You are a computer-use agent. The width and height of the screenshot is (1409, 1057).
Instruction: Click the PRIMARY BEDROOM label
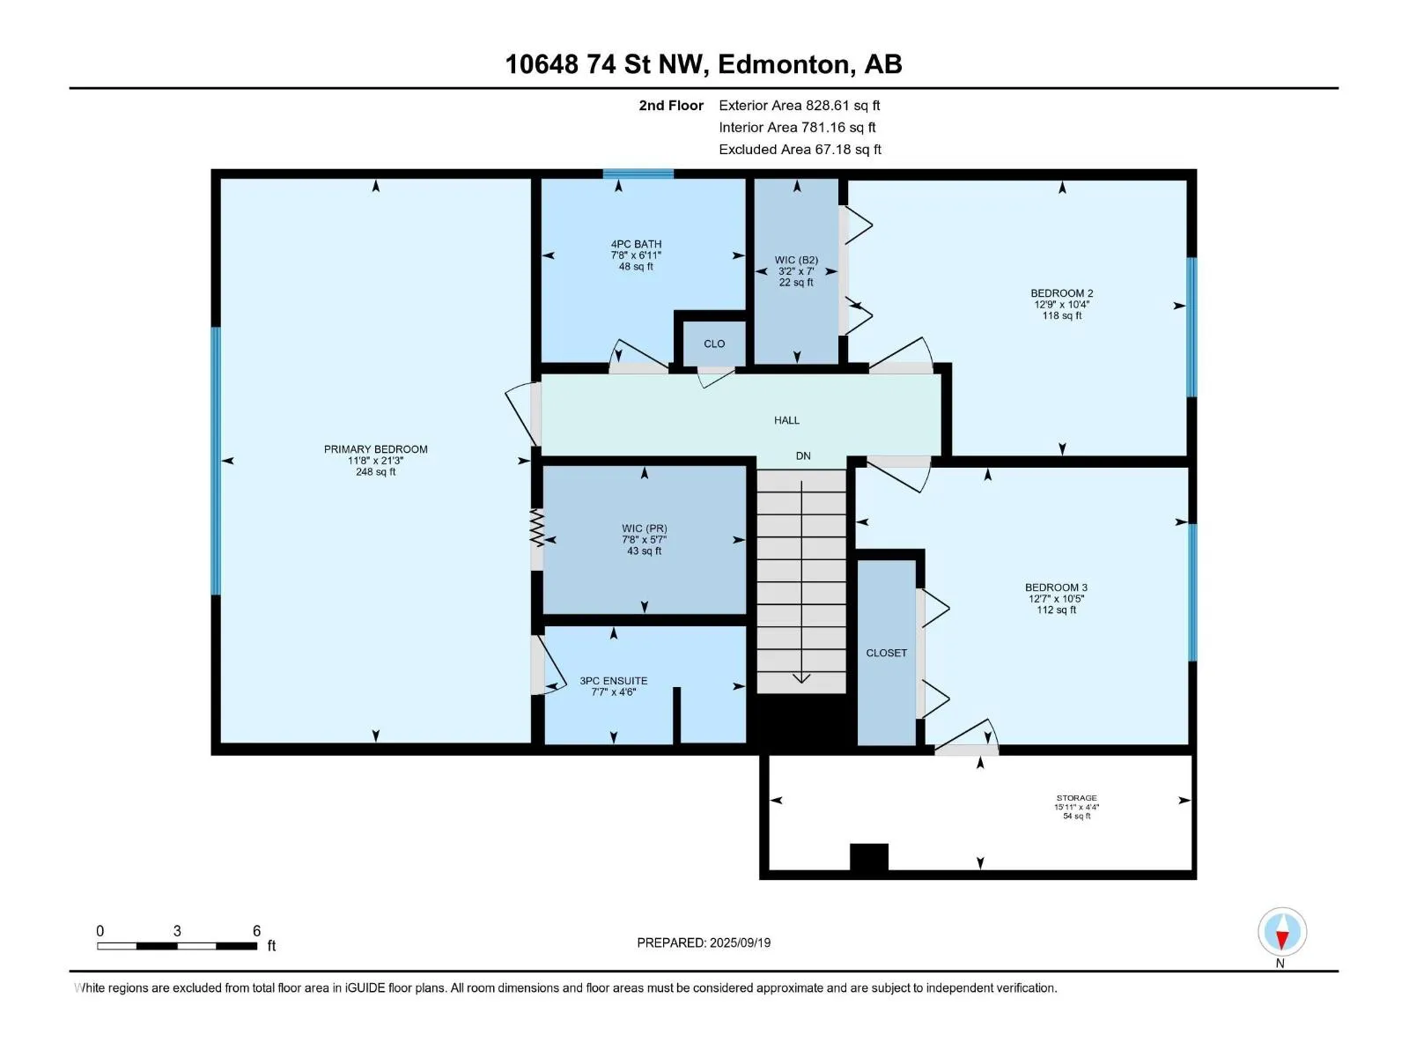(x=375, y=449)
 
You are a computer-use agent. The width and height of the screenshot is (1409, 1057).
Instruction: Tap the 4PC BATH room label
(x=636, y=244)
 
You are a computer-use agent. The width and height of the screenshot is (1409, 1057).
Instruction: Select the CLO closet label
(x=714, y=344)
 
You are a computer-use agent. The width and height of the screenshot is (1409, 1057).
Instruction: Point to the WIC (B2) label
(x=796, y=260)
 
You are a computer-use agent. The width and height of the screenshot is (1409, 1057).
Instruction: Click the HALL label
(x=786, y=420)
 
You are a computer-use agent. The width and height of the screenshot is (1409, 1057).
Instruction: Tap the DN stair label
(x=803, y=455)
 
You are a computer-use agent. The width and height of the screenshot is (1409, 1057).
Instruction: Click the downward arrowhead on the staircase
(x=801, y=678)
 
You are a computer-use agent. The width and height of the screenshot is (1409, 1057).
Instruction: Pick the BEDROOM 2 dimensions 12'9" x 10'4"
(x=1062, y=305)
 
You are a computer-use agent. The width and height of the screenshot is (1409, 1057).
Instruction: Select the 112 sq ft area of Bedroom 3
(x=1056, y=610)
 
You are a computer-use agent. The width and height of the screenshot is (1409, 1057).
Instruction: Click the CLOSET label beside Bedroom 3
(x=887, y=653)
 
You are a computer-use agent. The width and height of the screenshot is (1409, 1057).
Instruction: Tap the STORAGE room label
(x=1076, y=798)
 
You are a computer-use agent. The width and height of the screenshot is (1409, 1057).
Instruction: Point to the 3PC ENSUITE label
(x=613, y=681)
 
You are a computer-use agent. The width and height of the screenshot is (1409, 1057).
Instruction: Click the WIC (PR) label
(x=644, y=528)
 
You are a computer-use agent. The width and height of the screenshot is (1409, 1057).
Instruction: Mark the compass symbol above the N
(x=1282, y=931)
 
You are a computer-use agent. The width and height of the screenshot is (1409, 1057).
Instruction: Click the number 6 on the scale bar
(x=257, y=930)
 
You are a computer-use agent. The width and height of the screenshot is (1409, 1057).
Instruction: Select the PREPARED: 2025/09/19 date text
(x=704, y=942)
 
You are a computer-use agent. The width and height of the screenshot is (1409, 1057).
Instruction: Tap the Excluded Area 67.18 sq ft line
(x=800, y=150)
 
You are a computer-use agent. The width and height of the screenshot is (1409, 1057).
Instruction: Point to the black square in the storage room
(x=869, y=857)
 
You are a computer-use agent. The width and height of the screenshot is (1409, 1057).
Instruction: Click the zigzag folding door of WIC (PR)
(x=536, y=528)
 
